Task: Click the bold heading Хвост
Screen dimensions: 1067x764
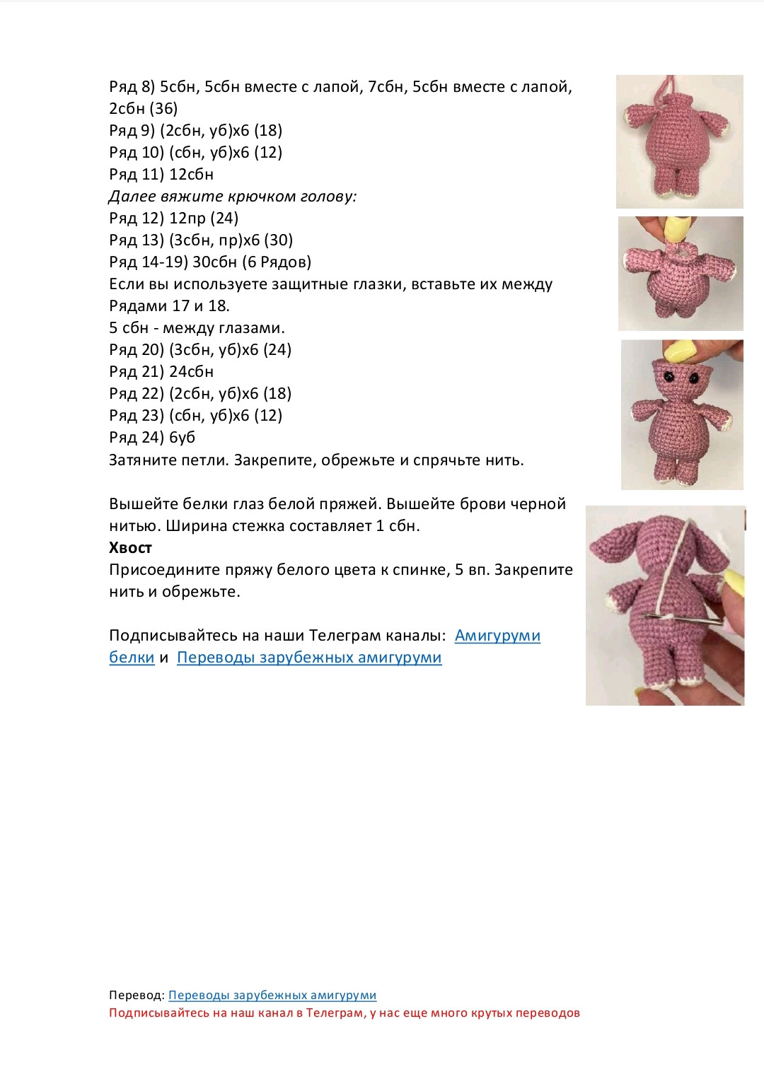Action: pyautogui.click(x=130, y=548)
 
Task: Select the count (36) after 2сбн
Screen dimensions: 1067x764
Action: pyautogui.click(x=163, y=109)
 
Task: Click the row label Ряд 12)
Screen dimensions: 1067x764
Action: pyautogui.click(x=136, y=218)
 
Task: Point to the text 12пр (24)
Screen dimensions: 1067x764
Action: pyautogui.click(x=204, y=218)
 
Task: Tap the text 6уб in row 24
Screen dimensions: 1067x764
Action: pyautogui.click(x=182, y=438)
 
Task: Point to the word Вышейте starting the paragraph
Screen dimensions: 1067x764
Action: pyautogui.click(x=143, y=504)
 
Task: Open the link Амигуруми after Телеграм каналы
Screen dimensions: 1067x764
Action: pyautogui.click(x=497, y=636)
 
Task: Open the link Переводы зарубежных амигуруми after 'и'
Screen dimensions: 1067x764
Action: pyautogui.click(x=309, y=658)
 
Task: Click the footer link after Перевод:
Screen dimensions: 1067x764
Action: pyautogui.click(x=272, y=996)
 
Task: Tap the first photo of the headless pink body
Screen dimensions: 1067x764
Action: pyautogui.click(x=679, y=141)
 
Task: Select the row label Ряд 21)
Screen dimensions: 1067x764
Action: pyautogui.click(x=136, y=372)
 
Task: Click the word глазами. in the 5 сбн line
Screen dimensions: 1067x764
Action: pyautogui.click(x=255, y=328)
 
